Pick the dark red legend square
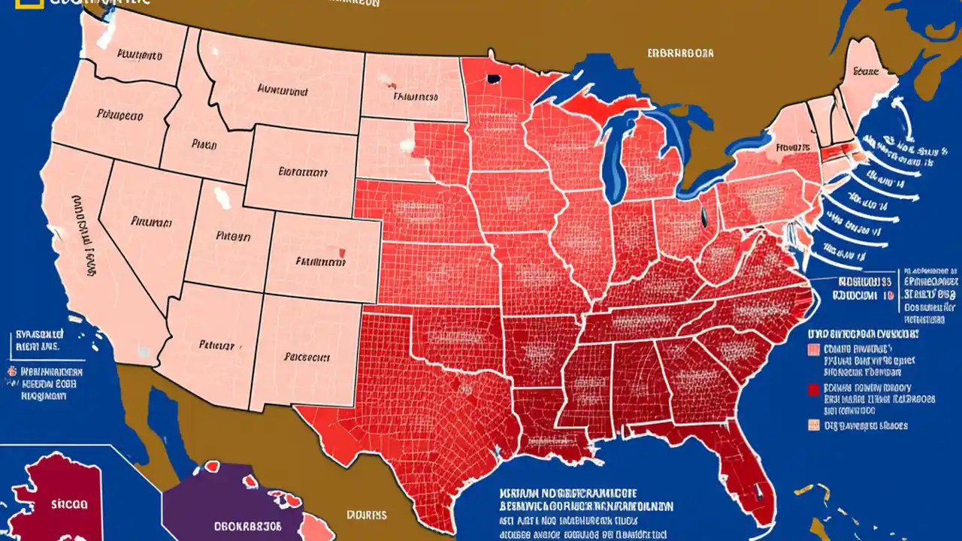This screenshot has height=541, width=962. (x=812, y=389)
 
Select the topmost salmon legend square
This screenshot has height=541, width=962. (x=812, y=349)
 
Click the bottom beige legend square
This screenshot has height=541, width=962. (x=812, y=425)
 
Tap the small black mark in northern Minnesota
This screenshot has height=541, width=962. (x=494, y=78)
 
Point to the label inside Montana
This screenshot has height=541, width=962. (x=282, y=90)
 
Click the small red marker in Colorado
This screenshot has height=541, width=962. (x=342, y=253)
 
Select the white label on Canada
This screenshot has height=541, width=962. (x=679, y=53)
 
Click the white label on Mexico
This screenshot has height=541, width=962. (x=366, y=515)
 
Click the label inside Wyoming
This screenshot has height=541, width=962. (x=302, y=171)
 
